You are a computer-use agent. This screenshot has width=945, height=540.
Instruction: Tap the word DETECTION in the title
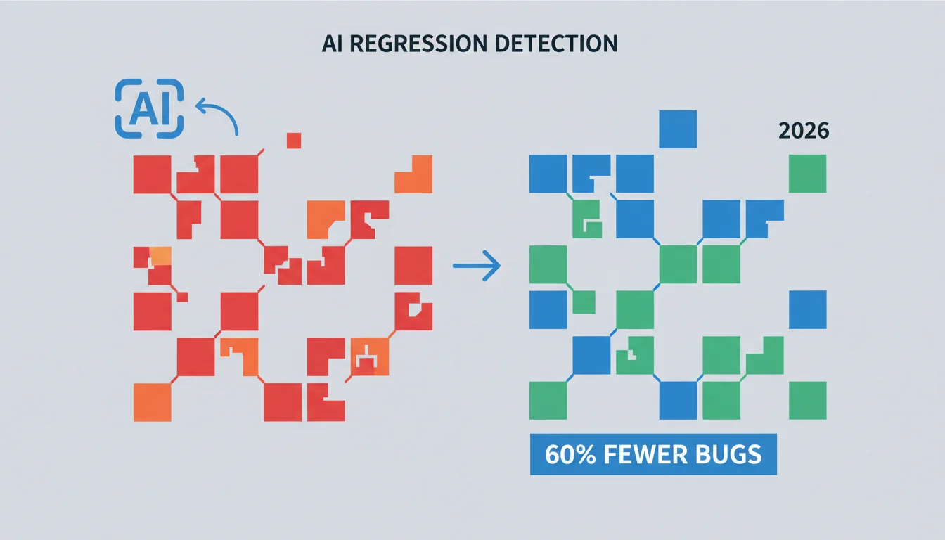pyautogui.click(x=556, y=44)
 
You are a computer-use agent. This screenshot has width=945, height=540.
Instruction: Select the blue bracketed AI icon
pyautogui.click(x=149, y=108)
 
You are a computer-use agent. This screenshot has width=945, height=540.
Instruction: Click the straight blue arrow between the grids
pyautogui.click(x=477, y=266)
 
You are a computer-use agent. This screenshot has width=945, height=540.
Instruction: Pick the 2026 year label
pyautogui.click(x=804, y=131)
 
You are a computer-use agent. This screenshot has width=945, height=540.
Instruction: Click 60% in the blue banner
pyautogui.click(x=570, y=454)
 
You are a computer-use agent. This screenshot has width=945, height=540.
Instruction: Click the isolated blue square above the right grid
pyautogui.click(x=678, y=129)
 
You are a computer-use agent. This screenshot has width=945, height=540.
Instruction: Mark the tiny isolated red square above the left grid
pyautogui.click(x=294, y=141)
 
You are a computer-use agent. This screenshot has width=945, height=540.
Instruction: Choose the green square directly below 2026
pyautogui.click(x=807, y=174)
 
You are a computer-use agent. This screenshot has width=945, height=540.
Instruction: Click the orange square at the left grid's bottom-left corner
pyautogui.click(x=153, y=402)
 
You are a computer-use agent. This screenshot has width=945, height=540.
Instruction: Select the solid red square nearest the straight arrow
pyautogui.click(x=413, y=265)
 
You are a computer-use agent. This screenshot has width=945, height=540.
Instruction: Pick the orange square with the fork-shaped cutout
pyautogui.click(x=370, y=356)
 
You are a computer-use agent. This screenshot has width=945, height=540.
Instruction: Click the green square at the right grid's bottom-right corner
pyautogui.click(x=807, y=400)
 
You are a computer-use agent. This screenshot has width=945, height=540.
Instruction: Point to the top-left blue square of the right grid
pyautogui.click(x=548, y=174)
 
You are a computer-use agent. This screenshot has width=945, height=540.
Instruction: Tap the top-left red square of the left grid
pyautogui.click(x=153, y=174)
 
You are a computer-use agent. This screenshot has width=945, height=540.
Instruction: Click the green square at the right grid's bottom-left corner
pyautogui.click(x=548, y=400)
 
